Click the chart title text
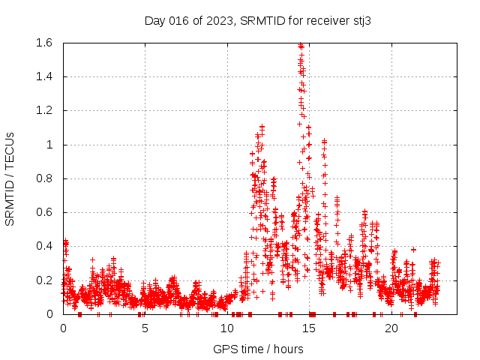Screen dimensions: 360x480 257,20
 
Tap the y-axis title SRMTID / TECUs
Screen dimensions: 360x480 10,178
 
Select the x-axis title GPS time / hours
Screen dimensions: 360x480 257,349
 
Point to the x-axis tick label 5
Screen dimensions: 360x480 145,328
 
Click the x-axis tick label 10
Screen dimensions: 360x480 227,328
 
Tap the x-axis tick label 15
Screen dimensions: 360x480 309,328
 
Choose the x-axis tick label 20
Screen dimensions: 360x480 391,328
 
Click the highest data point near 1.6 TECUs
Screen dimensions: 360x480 301,45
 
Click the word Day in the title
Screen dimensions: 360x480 154,20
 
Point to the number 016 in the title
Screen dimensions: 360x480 178,20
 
